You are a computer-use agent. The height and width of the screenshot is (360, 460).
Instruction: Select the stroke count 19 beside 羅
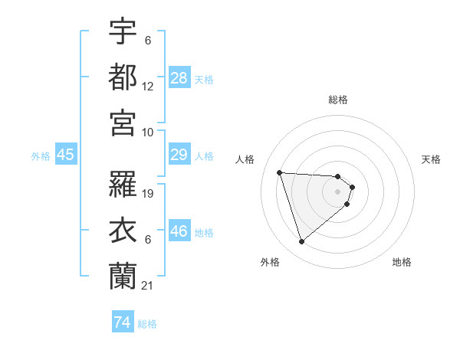pyautogui.click(x=149, y=194)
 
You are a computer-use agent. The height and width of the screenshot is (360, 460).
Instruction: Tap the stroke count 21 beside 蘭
pyautogui.click(x=148, y=286)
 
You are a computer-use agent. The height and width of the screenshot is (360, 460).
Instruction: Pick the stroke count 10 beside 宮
pyautogui.click(x=148, y=132)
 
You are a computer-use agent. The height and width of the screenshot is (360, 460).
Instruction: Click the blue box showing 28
pyautogui.click(x=179, y=78)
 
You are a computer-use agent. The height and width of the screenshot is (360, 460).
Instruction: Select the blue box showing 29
pyautogui.click(x=179, y=155)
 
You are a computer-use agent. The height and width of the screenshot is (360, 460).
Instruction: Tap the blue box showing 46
pyautogui.click(x=179, y=231)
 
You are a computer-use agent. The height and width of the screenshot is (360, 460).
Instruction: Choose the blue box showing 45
pyautogui.click(x=66, y=155)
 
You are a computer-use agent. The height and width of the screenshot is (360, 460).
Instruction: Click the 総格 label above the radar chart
pyautogui.click(x=338, y=100)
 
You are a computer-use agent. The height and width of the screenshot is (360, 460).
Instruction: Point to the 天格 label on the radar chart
pyautogui.click(x=432, y=159)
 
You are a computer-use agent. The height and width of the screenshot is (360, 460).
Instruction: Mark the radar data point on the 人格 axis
pyautogui.click(x=279, y=172)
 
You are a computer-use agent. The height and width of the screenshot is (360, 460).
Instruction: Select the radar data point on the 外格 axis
pyautogui.click(x=301, y=242)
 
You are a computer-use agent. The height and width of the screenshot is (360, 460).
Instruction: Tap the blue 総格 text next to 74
pyautogui.click(x=147, y=324)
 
